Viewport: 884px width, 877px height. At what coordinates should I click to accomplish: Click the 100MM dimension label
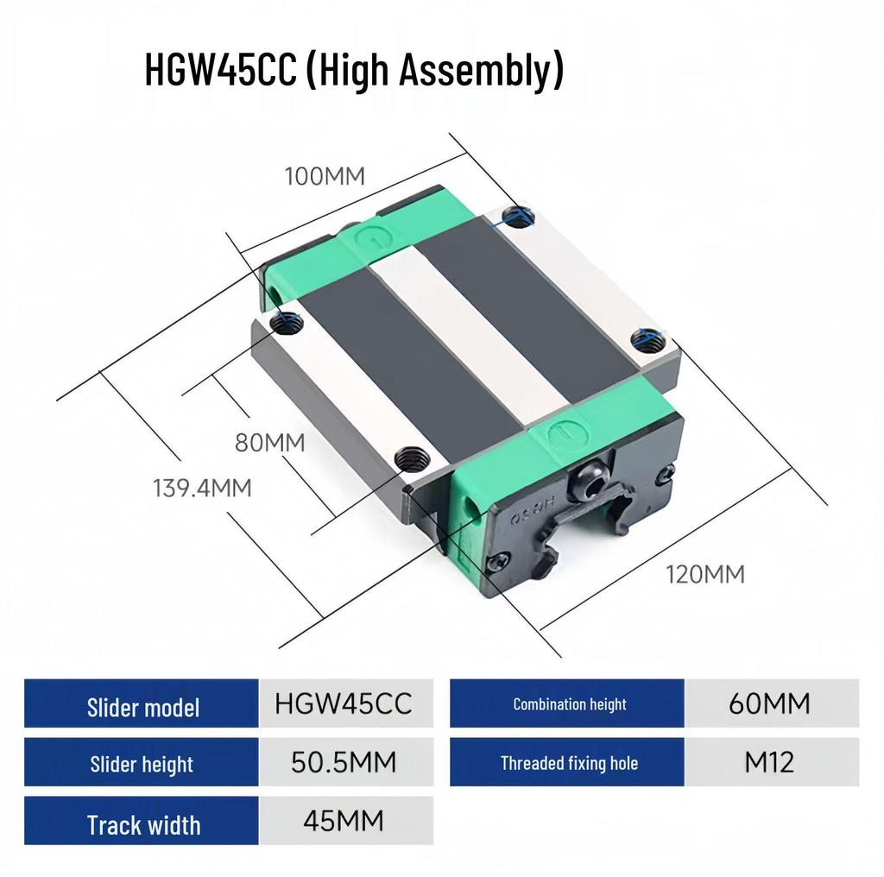[x=325, y=176]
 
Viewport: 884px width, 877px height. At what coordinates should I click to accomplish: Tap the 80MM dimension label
[x=270, y=444]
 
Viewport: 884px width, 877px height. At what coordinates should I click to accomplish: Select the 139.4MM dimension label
[x=202, y=488]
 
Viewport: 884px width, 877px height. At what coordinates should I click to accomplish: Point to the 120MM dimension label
[x=704, y=573]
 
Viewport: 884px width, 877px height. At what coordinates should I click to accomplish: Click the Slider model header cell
[x=142, y=708]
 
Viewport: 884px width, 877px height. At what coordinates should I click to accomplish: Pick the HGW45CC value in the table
[x=343, y=704]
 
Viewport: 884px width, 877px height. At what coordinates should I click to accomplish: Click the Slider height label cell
[x=142, y=764]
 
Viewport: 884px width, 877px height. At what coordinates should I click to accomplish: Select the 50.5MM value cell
[x=343, y=762]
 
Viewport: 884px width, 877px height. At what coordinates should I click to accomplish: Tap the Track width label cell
[x=142, y=825]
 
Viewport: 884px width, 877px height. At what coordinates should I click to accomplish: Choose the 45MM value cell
[x=343, y=820]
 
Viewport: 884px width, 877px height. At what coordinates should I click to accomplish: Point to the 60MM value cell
[x=769, y=704]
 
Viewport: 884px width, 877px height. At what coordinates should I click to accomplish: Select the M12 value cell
[x=769, y=762]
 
